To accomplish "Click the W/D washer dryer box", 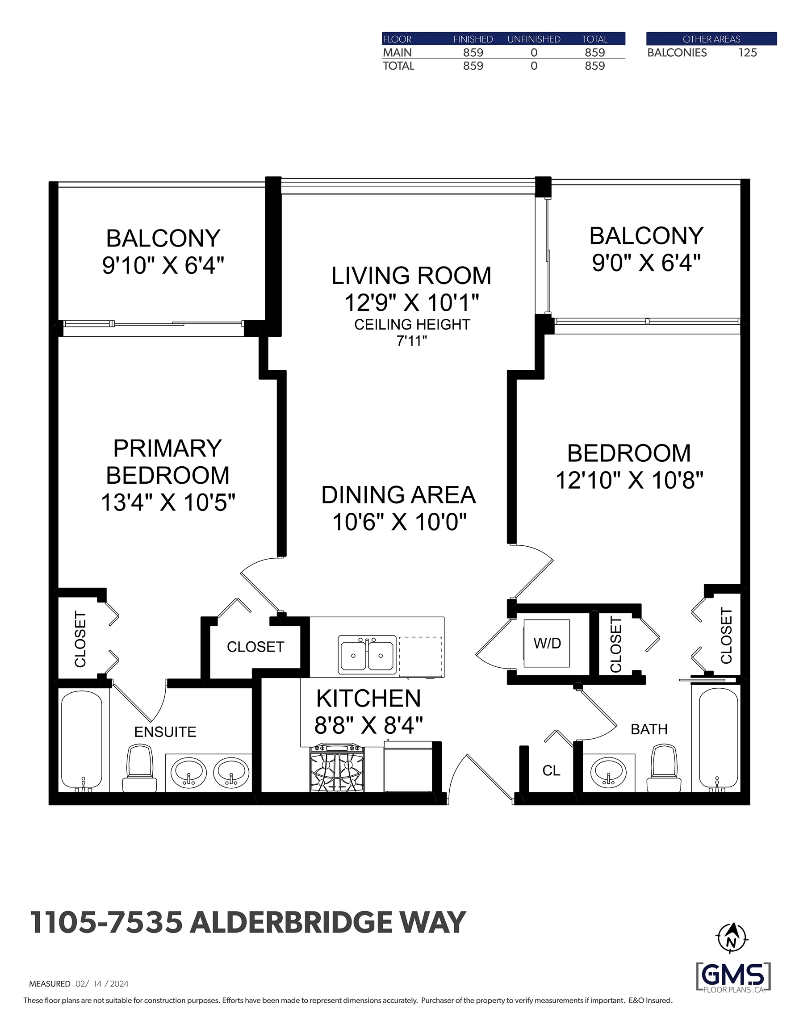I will tap(547, 643).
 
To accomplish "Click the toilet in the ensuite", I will tap(139, 769).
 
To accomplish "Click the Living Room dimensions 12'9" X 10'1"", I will tap(411, 302).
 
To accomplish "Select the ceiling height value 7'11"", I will tap(411, 341).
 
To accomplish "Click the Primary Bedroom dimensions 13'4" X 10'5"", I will tap(168, 502).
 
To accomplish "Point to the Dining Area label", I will tap(398, 495).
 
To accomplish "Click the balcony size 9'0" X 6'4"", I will tap(646, 263).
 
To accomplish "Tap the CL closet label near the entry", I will tap(551, 771).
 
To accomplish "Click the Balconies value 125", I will tap(747, 53).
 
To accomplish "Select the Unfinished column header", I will tap(533, 39).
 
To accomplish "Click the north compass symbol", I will tap(731, 938).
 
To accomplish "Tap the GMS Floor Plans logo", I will tap(733, 978).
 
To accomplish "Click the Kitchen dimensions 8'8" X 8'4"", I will tap(368, 725).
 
